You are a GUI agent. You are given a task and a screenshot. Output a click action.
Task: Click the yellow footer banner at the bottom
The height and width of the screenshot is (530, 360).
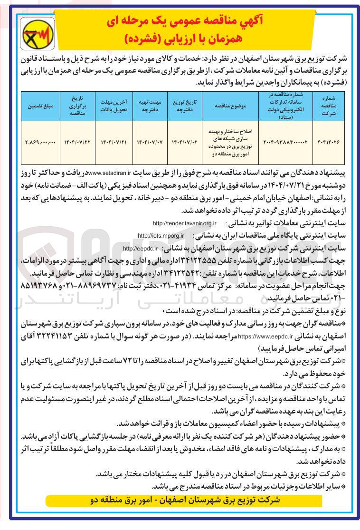[185, 501]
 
